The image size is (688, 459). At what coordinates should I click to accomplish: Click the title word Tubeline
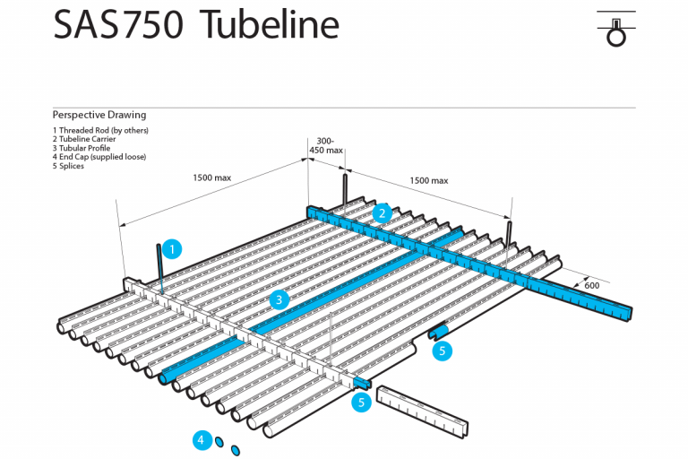[x=270, y=24]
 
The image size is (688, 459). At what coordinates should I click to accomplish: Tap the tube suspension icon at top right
[x=615, y=30]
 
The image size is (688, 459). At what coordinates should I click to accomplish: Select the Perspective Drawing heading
[x=99, y=115]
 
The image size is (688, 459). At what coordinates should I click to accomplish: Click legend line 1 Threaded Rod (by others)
[x=100, y=130]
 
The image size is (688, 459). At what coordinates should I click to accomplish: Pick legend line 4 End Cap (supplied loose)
[x=99, y=157]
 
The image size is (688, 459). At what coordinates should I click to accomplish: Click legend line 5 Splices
[x=69, y=166]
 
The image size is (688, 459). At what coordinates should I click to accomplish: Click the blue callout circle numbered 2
[x=383, y=212]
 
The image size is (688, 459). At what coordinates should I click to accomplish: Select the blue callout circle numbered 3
[x=279, y=299]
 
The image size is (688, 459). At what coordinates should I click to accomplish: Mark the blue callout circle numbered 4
[x=202, y=439]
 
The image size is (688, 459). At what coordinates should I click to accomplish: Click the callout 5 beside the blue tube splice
[x=443, y=351]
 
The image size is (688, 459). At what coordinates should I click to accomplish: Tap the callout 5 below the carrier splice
[x=362, y=403]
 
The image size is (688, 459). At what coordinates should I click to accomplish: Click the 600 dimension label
[x=592, y=285]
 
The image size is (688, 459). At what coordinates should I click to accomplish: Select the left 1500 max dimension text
[x=211, y=178]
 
